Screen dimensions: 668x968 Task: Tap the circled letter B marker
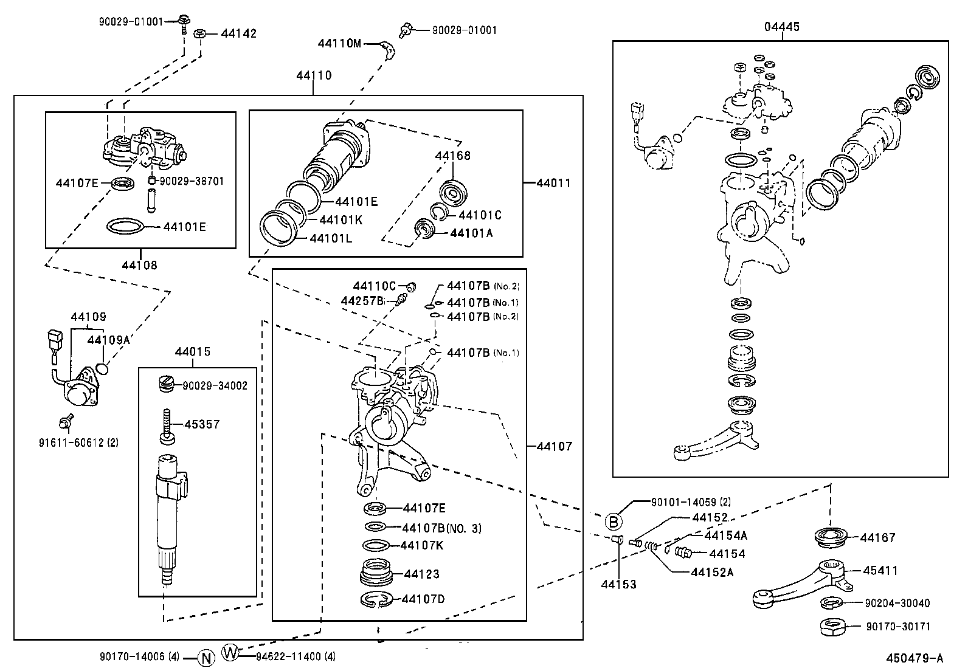tap(614, 521)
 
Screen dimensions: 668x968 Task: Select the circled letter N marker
tap(207, 657)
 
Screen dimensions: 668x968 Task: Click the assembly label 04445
tap(782, 27)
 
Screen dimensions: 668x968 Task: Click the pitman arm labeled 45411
tap(803, 584)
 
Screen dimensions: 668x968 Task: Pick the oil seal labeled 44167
tap(832, 537)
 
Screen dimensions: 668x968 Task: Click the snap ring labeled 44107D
tap(378, 599)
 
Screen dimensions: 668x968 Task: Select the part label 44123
tap(421, 574)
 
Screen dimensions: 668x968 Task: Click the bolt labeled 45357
tap(167, 425)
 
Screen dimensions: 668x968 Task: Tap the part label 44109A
tap(108, 340)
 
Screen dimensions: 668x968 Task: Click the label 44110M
tap(339, 43)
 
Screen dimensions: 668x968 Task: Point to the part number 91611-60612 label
tap(78, 442)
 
